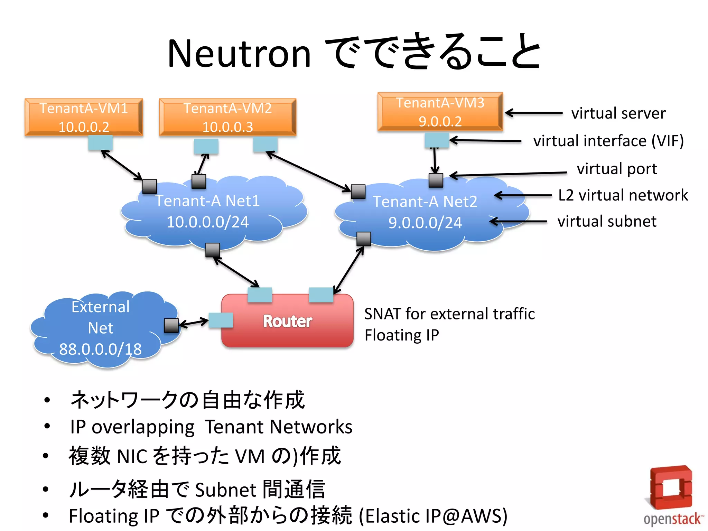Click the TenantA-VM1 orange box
(84, 117)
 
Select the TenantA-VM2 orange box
(227, 117)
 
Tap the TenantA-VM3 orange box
(440, 112)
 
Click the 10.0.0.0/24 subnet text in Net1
(207, 222)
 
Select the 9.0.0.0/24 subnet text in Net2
(425, 223)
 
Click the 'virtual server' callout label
(618, 113)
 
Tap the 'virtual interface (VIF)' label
(608, 141)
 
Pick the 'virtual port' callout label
(617, 169)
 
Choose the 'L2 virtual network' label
(623, 195)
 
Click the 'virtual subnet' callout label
(607, 221)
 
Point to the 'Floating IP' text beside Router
(402, 335)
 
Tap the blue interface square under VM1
(100, 142)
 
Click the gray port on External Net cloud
(171, 325)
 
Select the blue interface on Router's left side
(221, 320)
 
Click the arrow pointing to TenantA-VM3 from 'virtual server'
(534, 113)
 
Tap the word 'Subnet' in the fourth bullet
(226, 490)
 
